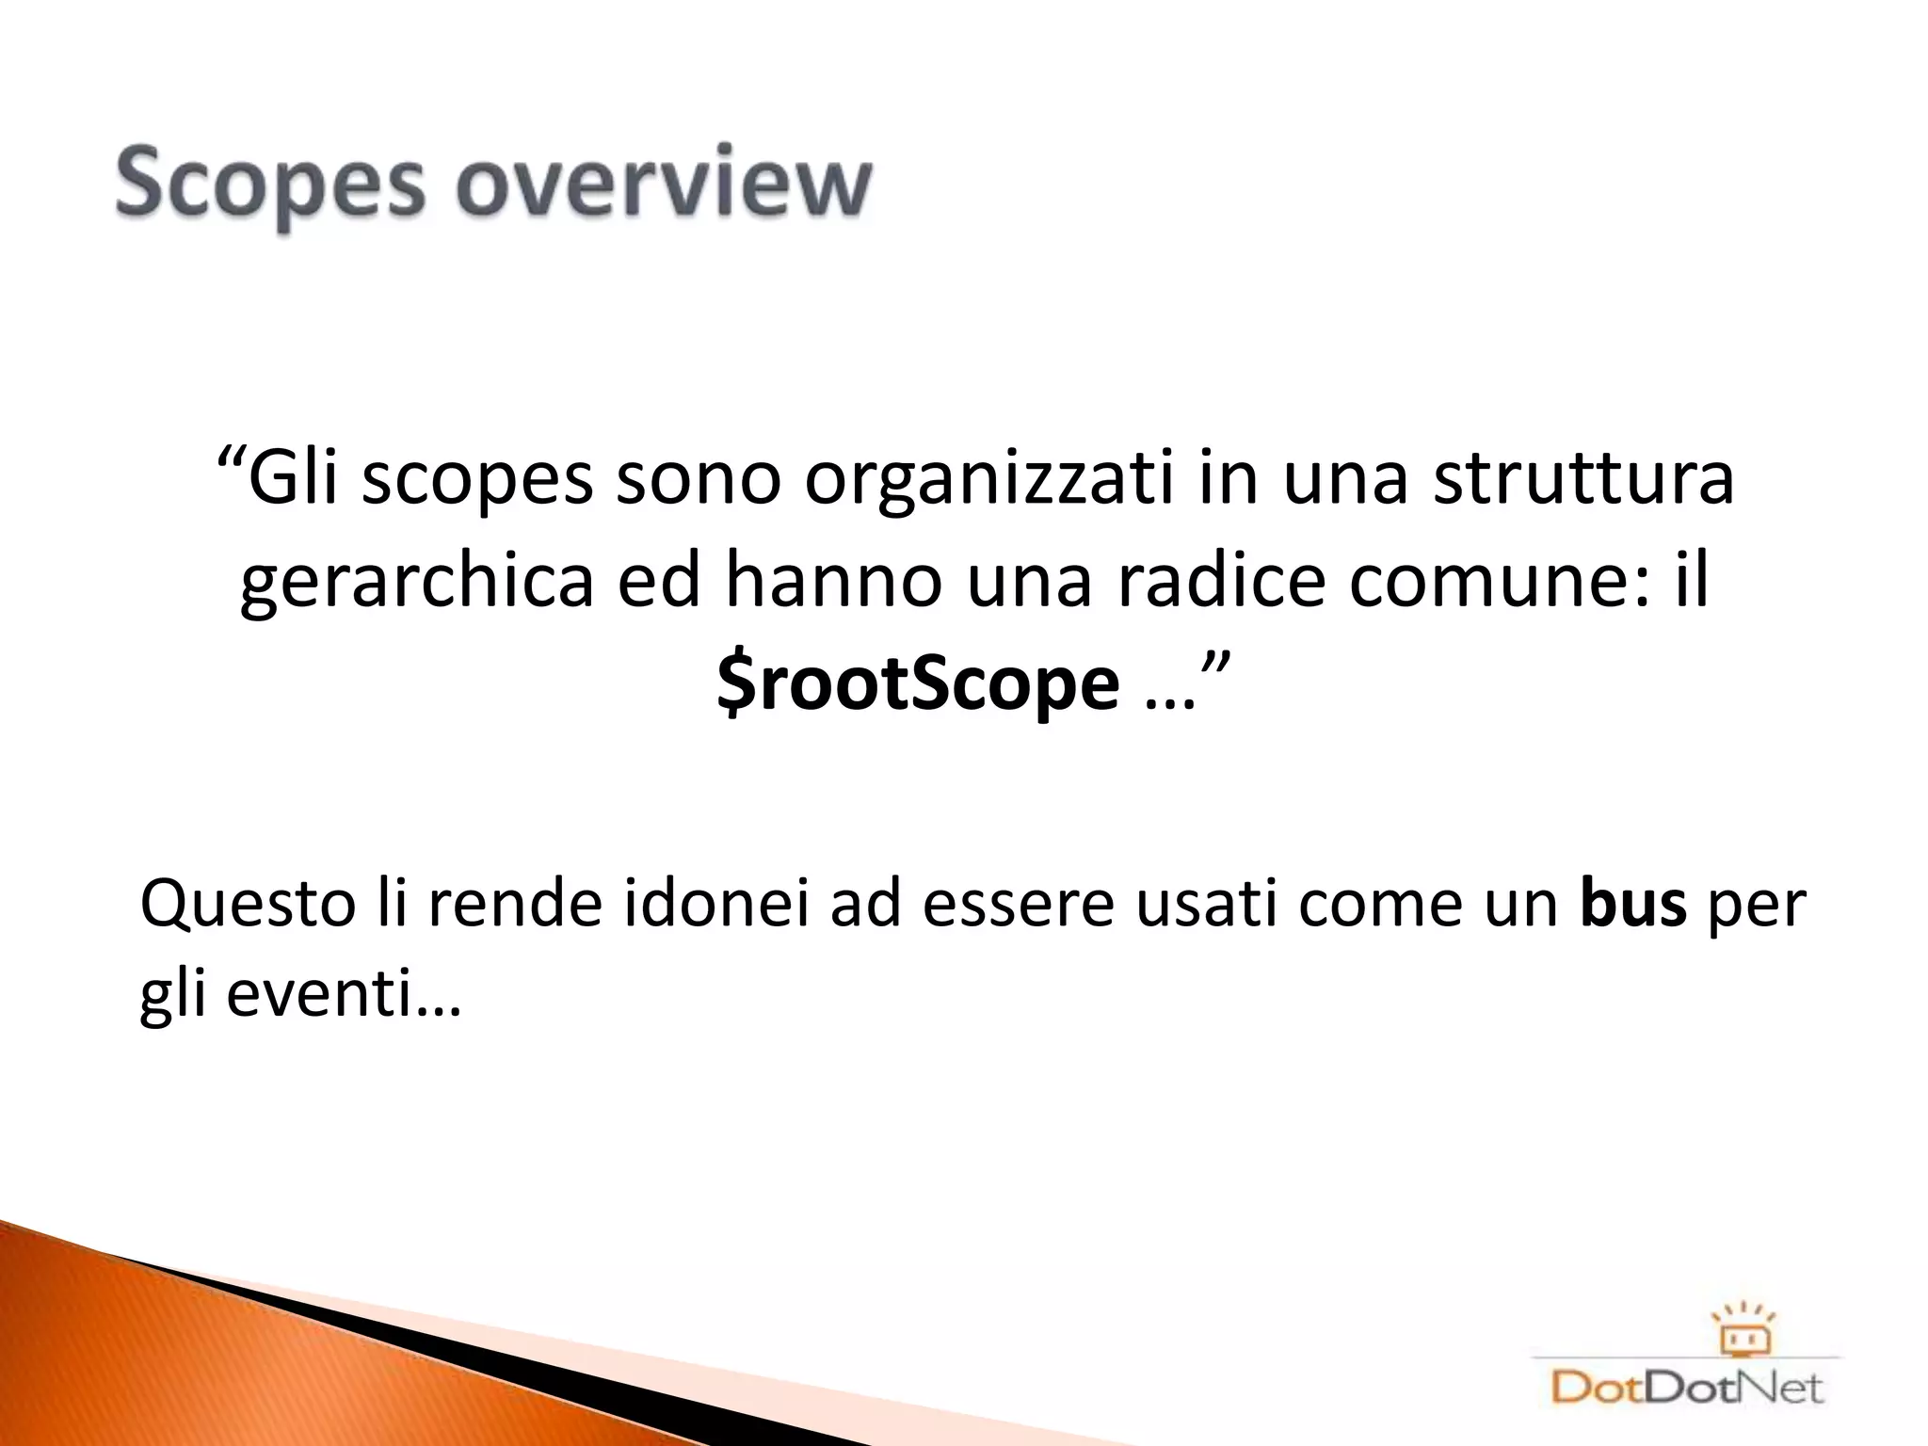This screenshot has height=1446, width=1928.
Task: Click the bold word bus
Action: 1633,904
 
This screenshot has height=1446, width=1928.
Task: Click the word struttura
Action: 1583,477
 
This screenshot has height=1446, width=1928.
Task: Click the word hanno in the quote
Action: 833,581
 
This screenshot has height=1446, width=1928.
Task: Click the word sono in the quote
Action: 699,477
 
